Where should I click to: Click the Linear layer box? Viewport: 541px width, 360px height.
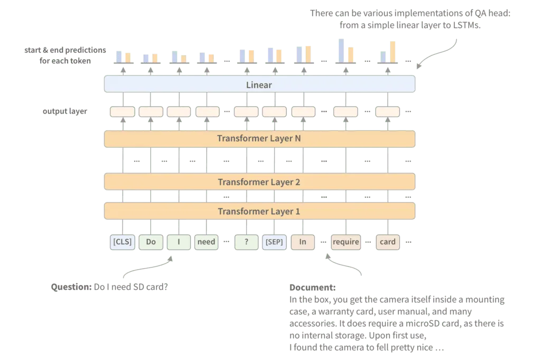[x=259, y=84]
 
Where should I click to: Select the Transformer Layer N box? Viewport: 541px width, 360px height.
[x=259, y=139]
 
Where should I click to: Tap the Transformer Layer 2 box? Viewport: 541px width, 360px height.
[x=259, y=182]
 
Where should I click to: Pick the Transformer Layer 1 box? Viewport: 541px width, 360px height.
[x=259, y=211]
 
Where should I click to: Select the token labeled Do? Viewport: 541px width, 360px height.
[x=151, y=242]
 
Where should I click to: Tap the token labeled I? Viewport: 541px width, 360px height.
[x=179, y=242]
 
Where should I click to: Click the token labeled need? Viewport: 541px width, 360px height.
[x=206, y=242]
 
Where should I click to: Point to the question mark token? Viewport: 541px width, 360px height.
[x=246, y=242]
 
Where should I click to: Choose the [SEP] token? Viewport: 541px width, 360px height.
[x=274, y=242]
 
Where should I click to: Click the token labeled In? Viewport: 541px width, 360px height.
[x=303, y=242]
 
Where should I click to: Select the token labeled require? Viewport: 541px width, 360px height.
[x=346, y=242]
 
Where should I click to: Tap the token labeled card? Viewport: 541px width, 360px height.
[x=387, y=242]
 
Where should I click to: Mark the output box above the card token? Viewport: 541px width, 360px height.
[x=388, y=112]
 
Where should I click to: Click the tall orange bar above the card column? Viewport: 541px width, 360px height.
[x=393, y=51]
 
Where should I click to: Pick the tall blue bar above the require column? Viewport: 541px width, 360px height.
[x=342, y=50]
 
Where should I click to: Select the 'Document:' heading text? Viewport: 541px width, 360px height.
[x=312, y=288]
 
